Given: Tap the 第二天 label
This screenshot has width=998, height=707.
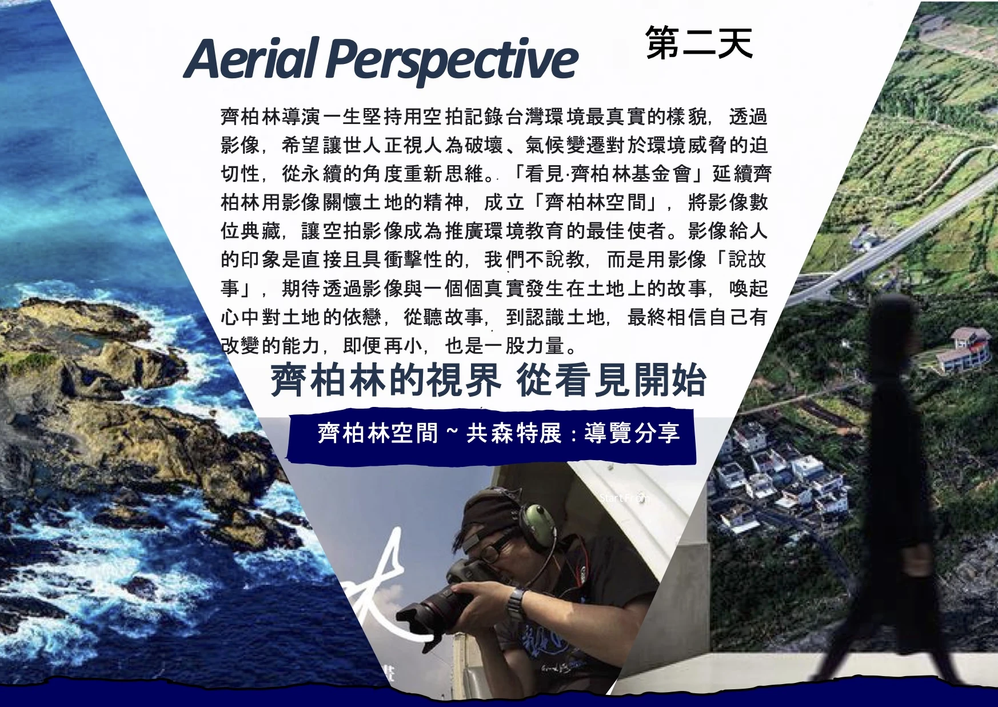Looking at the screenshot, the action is tap(699, 42).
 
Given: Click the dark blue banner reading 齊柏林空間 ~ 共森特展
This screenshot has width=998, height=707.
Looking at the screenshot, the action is tap(492, 435).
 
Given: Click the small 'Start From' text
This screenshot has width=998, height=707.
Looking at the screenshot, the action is tap(625, 498).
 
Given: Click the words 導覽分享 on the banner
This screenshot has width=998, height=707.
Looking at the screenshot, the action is tap(632, 433).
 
